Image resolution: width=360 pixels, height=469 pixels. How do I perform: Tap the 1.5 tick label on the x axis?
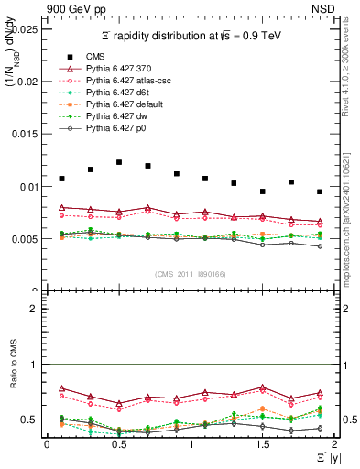tap(263, 444)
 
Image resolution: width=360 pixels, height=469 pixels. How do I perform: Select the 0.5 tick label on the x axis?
tap(118, 444)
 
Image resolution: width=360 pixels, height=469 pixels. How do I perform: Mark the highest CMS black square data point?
tap(119, 162)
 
